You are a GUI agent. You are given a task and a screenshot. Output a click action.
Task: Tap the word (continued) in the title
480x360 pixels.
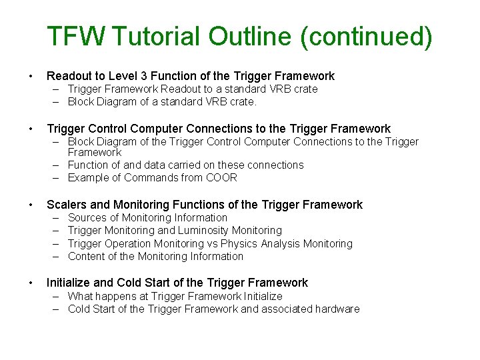[x=366, y=37]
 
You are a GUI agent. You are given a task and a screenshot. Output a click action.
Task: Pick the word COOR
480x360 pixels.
[x=223, y=177]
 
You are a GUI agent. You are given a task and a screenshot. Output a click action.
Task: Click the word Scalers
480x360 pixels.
[x=66, y=205]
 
